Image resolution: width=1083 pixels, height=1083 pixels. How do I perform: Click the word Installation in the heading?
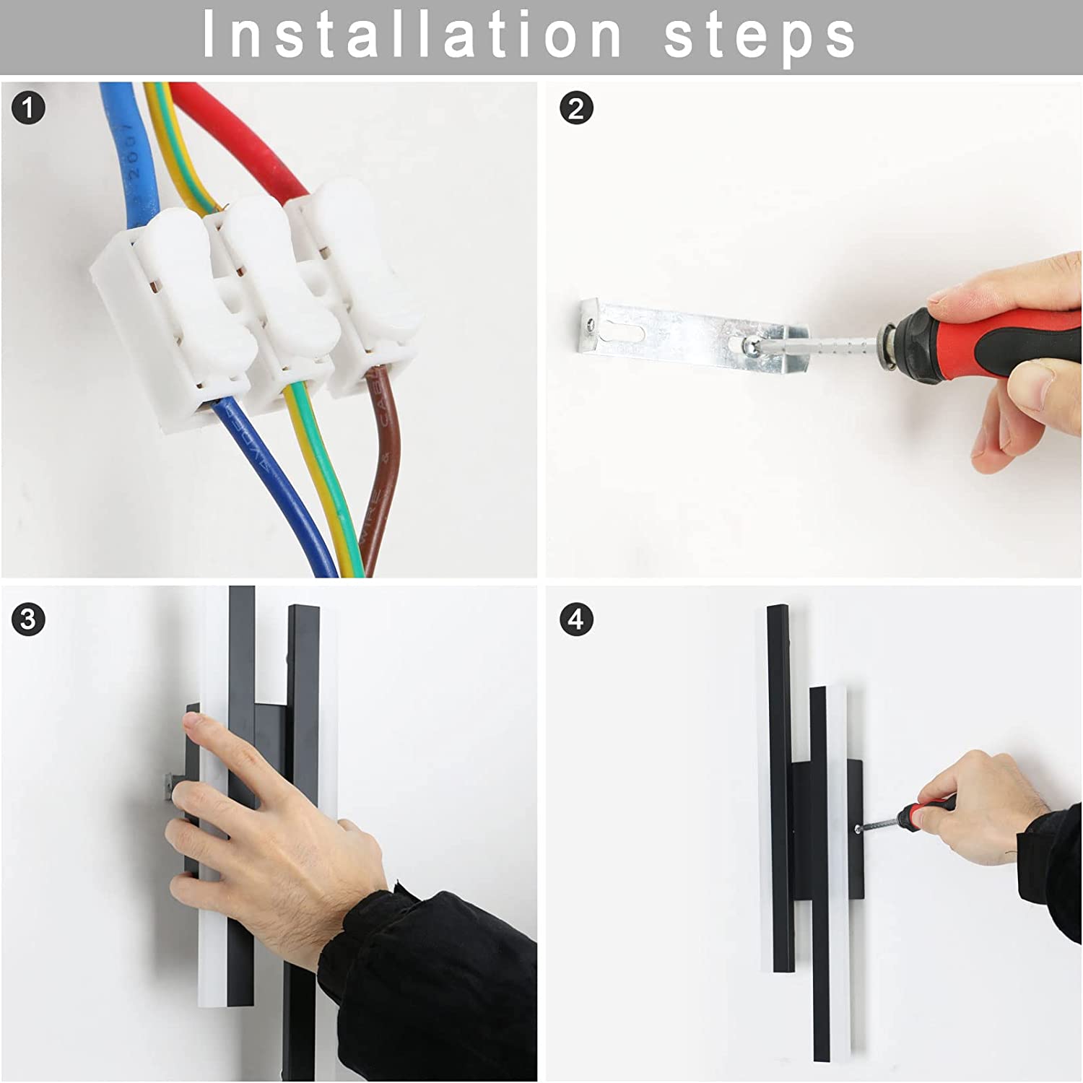point(412,35)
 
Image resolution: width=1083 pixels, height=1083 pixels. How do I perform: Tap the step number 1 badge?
point(28,108)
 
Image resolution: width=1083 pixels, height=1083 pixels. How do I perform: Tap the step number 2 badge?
point(576,108)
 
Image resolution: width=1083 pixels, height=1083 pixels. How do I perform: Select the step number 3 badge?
point(28,619)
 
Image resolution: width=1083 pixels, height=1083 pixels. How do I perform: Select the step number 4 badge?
point(576,619)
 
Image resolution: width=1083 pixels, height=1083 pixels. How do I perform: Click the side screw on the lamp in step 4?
point(857,830)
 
